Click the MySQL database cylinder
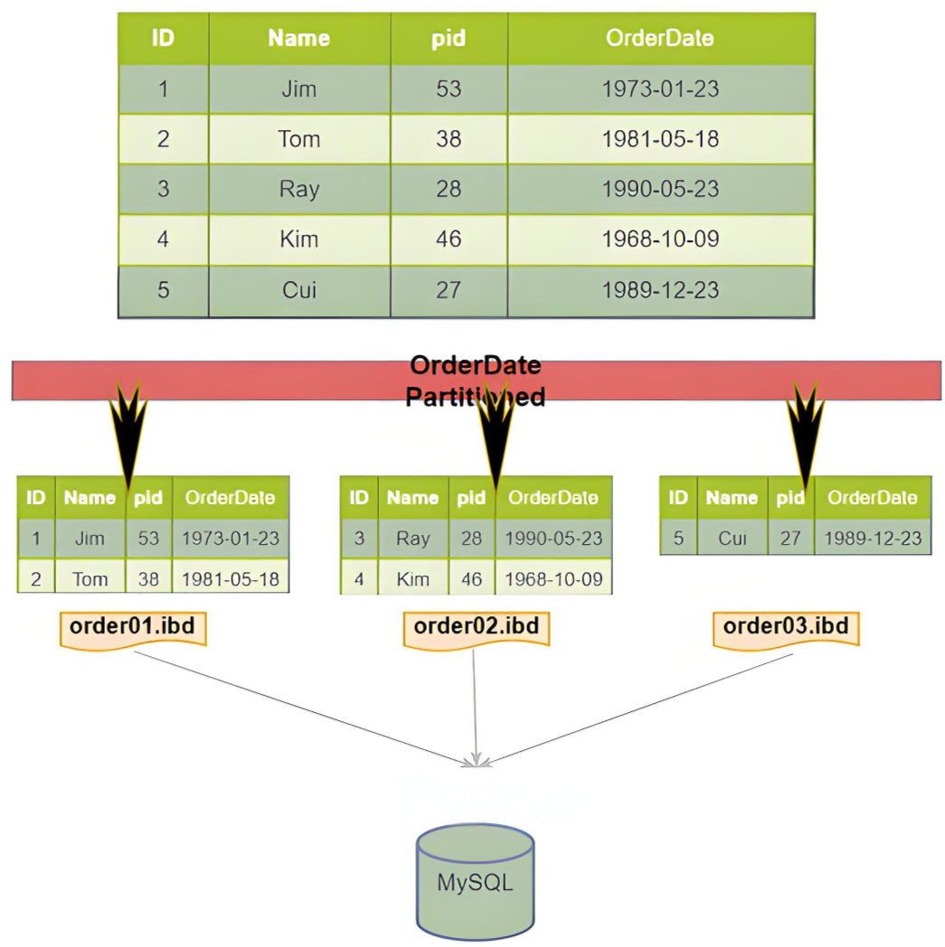pyautogui.click(x=475, y=882)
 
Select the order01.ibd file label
pyautogui.click(x=133, y=629)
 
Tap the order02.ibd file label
pyautogui.click(x=477, y=629)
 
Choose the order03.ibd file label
pyautogui.click(x=786, y=629)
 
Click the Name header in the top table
pyautogui.click(x=299, y=38)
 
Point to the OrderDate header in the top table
pyautogui.click(x=660, y=38)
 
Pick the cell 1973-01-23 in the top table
pyautogui.click(x=660, y=89)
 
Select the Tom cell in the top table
pyautogui.click(x=299, y=139)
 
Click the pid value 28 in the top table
pyautogui.click(x=449, y=189)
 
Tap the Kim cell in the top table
pyautogui.click(x=299, y=239)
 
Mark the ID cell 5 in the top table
pyautogui.click(x=163, y=290)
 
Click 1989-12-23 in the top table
pyautogui.click(x=660, y=290)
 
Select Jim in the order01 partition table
pyautogui.click(x=90, y=539)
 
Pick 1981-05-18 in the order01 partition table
pyautogui.click(x=231, y=579)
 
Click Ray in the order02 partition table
pyautogui.click(x=412, y=539)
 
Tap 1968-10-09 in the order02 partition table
pyautogui.click(x=553, y=579)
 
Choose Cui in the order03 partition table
pyautogui.click(x=732, y=539)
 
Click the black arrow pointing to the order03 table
pyautogui.click(x=805, y=435)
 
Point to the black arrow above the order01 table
pyautogui.click(x=128, y=435)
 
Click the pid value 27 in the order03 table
pyautogui.click(x=790, y=539)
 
